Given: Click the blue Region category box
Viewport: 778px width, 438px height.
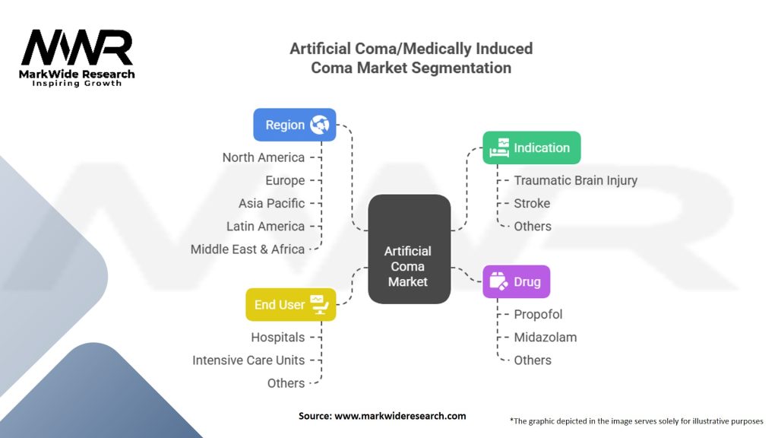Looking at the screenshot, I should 294,125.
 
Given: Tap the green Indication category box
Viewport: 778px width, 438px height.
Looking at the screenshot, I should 532,148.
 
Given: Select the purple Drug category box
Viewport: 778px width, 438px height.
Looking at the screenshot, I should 516,281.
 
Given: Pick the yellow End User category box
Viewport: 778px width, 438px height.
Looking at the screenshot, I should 290,304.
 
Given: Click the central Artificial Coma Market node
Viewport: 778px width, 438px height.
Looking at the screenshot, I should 409,266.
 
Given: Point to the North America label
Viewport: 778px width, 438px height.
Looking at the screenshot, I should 263,157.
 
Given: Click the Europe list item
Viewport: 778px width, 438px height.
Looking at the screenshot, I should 285,180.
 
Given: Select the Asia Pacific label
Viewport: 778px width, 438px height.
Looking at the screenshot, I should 271,203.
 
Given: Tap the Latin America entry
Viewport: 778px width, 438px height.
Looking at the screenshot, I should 265,226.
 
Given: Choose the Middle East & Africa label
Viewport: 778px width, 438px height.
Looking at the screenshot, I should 248,249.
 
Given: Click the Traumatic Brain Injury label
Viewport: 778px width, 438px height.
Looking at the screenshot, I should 575,180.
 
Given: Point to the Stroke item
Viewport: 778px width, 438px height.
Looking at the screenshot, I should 532,203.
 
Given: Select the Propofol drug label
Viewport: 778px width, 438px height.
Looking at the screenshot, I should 538,314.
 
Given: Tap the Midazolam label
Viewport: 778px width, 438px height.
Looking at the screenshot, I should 545,337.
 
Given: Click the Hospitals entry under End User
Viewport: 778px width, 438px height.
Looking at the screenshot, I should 277,337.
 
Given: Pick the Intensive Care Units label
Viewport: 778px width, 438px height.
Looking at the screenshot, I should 248,360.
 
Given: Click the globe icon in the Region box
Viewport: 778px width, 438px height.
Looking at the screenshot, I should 319,125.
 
